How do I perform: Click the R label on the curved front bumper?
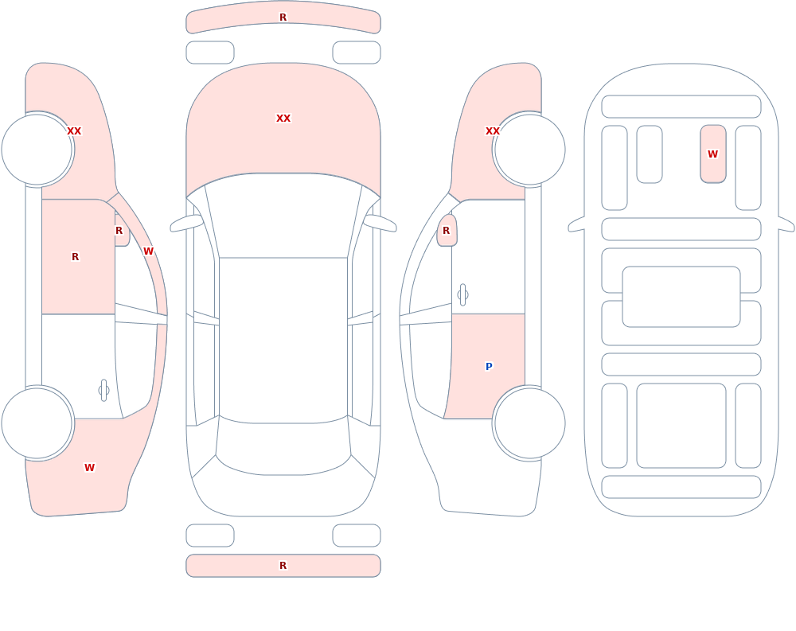click(x=283, y=18)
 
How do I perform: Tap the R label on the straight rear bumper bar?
click(x=283, y=566)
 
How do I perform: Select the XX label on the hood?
click(x=283, y=119)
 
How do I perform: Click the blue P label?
click(x=489, y=367)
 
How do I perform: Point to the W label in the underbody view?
click(x=712, y=154)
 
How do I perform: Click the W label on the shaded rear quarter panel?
click(x=89, y=468)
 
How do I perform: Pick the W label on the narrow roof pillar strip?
click(x=148, y=251)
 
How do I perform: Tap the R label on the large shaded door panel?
click(x=75, y=257)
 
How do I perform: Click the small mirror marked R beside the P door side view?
click(x=447, y=231)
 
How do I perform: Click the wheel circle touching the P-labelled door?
click(x=529, y=423)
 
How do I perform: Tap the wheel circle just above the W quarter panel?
click(x=37, y=423)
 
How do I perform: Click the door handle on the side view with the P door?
click(x=462, y=295)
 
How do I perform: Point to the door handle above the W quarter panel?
click(x=104, y=391)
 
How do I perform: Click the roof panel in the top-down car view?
click(x=283, y=340)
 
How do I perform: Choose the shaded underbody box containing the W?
click(x=712, y=154)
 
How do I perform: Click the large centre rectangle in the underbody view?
click(x=681, y=297)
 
